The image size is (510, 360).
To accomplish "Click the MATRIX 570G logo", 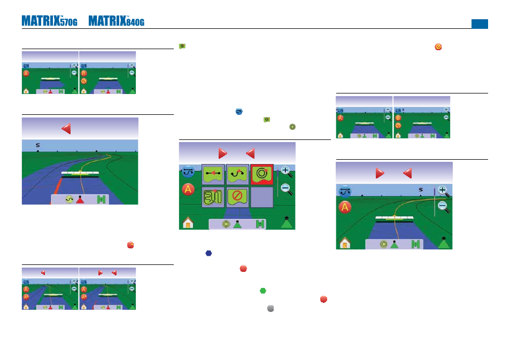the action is (x=49, y=21).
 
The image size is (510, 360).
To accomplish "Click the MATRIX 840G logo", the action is (x=117, y=21).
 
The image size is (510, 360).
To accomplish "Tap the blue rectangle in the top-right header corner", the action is (x=480, y=24).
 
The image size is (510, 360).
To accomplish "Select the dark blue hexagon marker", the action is (x=209, y=253).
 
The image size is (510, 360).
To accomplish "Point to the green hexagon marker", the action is (x=263, y=291).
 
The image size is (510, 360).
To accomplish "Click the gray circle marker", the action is (x=271, y=308).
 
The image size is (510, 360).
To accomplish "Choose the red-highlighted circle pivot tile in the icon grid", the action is (x=262, y=174).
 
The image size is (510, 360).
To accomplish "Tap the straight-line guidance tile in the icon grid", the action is (x=213, y=174).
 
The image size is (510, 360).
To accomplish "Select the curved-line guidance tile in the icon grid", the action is (x=237, y=174).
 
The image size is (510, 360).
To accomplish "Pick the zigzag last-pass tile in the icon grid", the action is (x=213, y=197).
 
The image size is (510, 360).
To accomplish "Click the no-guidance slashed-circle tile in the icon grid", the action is (x=237, y=197).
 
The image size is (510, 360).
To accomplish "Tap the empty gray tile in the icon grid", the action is (x=262, y=197).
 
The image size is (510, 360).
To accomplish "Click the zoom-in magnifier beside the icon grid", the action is (x=286, y=171).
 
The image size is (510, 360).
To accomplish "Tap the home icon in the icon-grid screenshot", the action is (x=188, y=223).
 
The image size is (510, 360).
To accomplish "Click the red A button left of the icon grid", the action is (x=188, y=190).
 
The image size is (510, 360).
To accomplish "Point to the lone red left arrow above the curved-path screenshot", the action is (x=66, y=129).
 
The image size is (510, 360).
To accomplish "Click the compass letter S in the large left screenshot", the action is (x=38, y=145).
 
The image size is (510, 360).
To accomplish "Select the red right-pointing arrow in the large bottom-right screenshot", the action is (x=380, y=173).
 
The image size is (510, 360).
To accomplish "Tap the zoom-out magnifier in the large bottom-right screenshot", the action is (x=443, y=207).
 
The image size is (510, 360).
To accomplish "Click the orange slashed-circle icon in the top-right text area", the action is (x=438, y=47).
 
